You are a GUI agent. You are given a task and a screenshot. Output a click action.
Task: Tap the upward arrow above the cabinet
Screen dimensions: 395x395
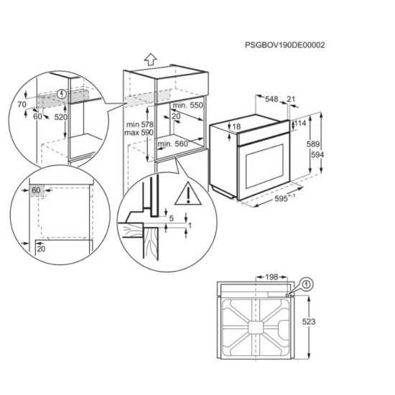(149, 60)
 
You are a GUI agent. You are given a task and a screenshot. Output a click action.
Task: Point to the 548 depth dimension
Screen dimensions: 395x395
(271, 99)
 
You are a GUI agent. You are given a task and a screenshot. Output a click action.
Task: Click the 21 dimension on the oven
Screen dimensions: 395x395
(291, 99)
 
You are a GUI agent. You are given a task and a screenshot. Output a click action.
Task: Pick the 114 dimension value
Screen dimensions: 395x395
(300, 123)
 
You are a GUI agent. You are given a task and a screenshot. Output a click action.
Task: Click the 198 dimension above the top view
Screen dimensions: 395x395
(270, 276)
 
